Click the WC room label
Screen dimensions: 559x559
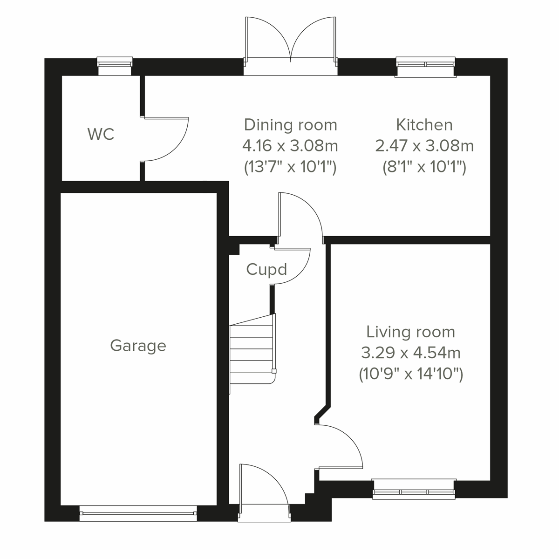[x=101, y=135]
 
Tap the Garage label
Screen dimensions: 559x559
[x=138, y=346]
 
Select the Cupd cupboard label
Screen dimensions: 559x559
[x=266, y=270]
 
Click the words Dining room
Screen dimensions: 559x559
[x=290, y=125]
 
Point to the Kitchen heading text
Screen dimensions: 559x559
[x=424, y=125]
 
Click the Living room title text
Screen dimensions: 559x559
[x=410, y=332]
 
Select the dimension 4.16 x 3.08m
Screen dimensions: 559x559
[x=290, y=146]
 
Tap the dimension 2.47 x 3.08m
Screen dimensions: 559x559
[x=424, y=146]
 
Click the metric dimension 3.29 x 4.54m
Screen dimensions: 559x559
[x=410, y=353]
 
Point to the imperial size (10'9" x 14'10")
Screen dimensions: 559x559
[x=410, y=374]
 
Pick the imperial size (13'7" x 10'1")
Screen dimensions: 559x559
[x=290, y=167]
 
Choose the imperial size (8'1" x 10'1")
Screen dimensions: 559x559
[x=424, y=167]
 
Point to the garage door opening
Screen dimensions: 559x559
[x=138, y=513]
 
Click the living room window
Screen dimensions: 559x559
[x=414, y=489]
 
